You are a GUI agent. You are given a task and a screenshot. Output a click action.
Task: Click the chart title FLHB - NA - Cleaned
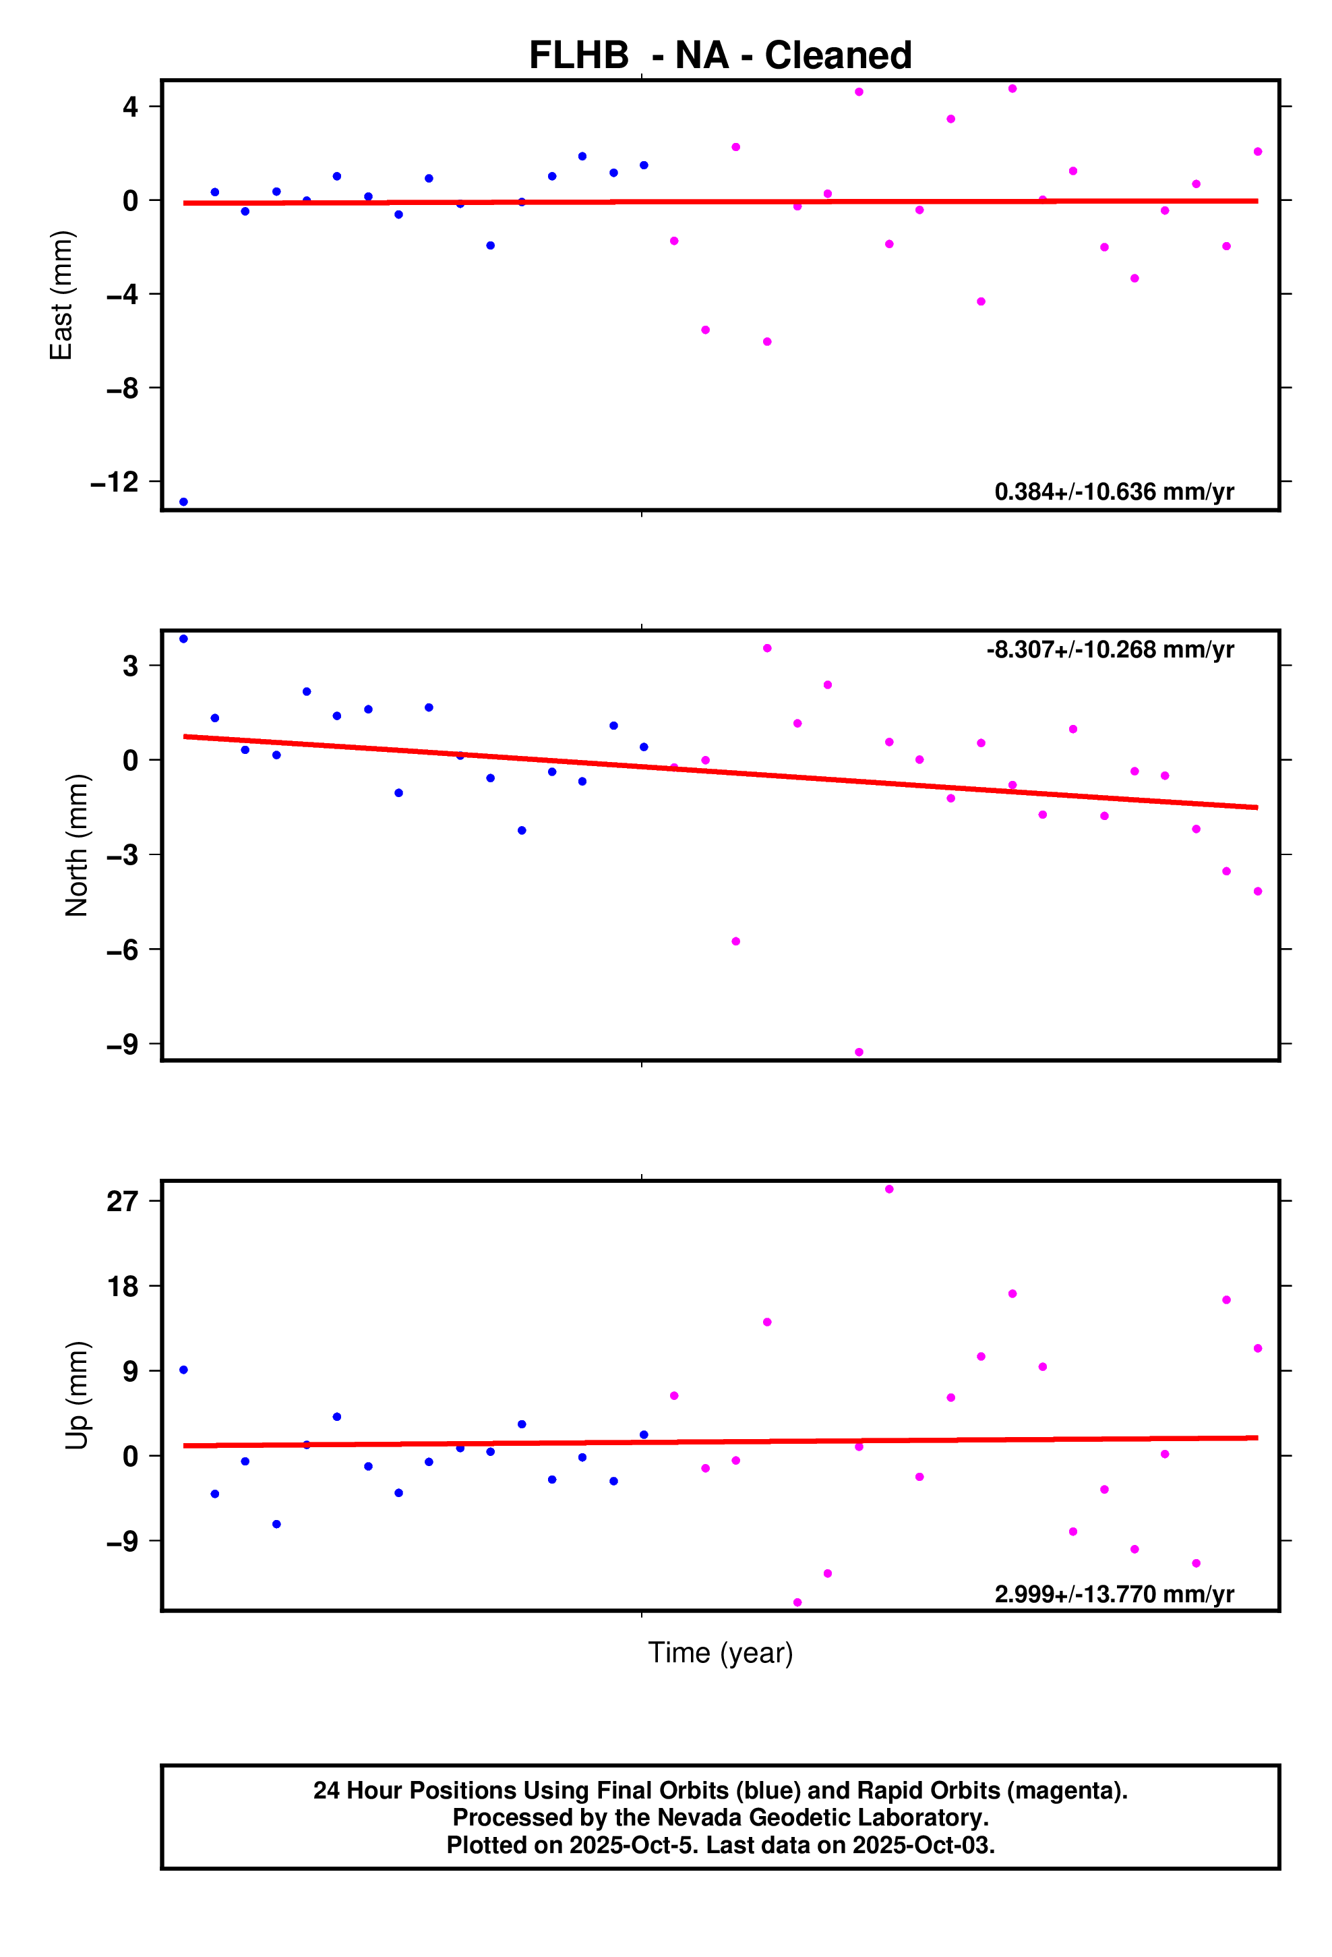tap(720, 55)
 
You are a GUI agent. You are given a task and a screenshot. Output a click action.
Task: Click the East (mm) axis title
tap(61, 295)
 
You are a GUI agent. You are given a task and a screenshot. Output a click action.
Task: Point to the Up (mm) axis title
tap(77, 1395)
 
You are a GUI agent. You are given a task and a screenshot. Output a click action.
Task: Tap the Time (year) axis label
tap(720, 1652)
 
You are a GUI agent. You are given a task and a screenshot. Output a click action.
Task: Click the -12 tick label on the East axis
tap(115, 483)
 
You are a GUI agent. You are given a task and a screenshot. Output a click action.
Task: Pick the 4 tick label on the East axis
tap(129, 107)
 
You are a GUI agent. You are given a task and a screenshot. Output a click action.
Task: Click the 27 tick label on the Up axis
tap(122, 1201)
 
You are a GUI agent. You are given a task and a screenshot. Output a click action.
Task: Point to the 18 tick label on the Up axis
tap(122, 1287)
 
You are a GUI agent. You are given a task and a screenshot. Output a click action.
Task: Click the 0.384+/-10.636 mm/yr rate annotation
tap(1114, 492)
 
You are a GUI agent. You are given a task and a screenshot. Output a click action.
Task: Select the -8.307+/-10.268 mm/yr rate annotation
tap(1110, 650)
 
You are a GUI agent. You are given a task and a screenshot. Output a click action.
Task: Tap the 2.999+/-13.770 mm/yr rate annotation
tap(1114, 1594)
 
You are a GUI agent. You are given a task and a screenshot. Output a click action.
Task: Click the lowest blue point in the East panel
tap(183, 502)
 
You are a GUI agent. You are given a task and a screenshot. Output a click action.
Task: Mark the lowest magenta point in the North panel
tap(859, 1053)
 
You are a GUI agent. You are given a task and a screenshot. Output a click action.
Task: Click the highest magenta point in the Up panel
tap(889, 1189)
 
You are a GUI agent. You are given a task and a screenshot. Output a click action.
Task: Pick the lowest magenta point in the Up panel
tap(797, 1602)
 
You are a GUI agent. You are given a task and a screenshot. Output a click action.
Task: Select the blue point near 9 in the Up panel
tap(183, 1370)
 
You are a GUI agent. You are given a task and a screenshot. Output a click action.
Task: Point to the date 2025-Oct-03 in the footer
tap(922, 1845)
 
